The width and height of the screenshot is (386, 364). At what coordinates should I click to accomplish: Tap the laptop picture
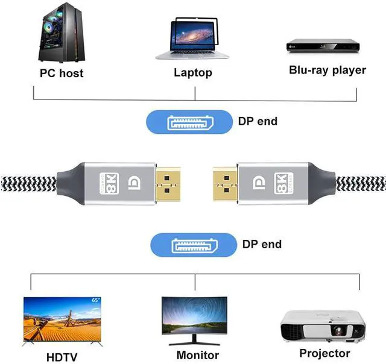coord(193,39)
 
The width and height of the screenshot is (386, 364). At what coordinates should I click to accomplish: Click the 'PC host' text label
coord(62,74)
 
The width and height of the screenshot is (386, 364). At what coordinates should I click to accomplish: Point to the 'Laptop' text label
coord(193,73)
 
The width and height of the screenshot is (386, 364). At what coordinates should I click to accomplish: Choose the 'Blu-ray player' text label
coord(327,70)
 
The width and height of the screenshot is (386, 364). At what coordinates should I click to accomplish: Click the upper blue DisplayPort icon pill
coord(189,122)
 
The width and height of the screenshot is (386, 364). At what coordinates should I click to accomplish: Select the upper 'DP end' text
coord(258,121)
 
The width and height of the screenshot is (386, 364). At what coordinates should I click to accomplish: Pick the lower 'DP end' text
coord(262,244)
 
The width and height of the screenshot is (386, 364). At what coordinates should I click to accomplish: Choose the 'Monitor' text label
coord(198,355)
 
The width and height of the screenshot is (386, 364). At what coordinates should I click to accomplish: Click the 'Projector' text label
coord(324,353)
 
